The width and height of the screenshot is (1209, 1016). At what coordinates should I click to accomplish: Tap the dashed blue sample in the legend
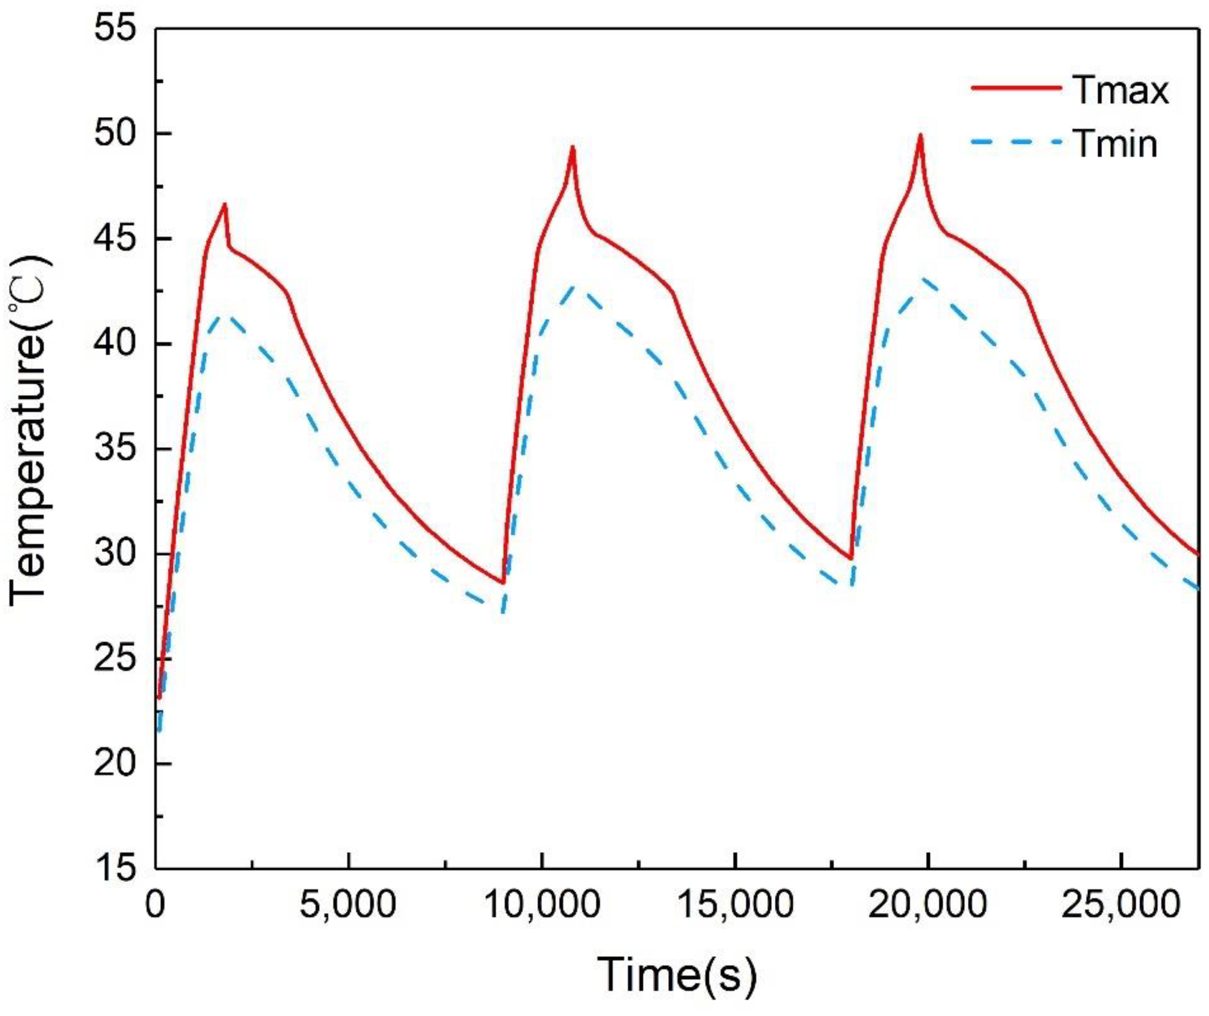(x=1016, y=142)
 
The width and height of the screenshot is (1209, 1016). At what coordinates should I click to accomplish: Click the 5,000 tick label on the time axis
(x=349, y=905)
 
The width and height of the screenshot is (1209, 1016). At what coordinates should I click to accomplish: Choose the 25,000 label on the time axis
(x=1120, y=905)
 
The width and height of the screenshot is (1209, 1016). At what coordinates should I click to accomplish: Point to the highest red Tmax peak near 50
(x=920, y=135)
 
